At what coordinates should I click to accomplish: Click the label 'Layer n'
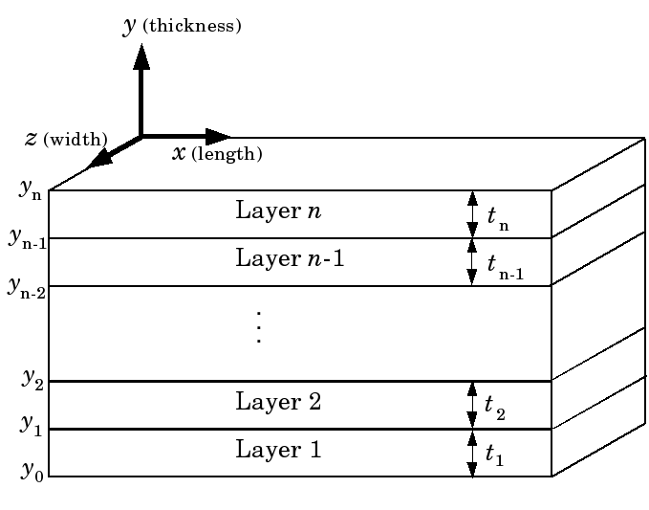coord(277,211)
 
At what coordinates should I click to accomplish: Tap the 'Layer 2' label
coord(279,402)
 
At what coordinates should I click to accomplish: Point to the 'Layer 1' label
coord(279,449)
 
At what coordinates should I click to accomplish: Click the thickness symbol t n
coord(498,218)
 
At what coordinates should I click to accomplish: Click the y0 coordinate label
coord(32,473)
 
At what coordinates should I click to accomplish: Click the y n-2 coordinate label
coord(27,284)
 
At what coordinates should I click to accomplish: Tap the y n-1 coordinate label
coord(28,238)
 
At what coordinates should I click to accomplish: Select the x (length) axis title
coord(217,153)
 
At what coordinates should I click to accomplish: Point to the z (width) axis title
coord(66,140)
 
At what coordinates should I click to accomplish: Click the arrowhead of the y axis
coord(141,56)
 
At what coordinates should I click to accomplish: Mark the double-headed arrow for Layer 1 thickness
coord(471,453)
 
